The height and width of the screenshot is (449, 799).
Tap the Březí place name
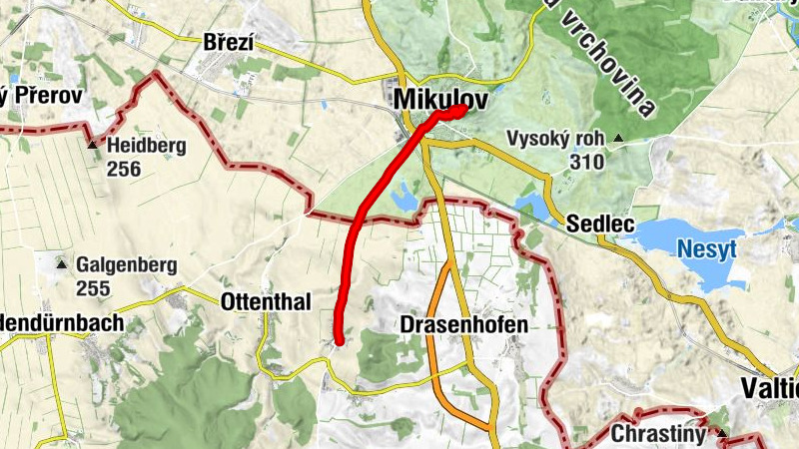pyautogui.click(x=229, y=43)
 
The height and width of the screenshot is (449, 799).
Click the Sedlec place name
pyautogui.click(x=600, y=224)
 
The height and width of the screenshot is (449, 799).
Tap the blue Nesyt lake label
pyautogui.click(x=706, y=248)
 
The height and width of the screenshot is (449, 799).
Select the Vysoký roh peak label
pyautogui.click(x=554, y=139)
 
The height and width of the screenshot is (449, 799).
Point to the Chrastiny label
pyautogui.click(x=659, y=434)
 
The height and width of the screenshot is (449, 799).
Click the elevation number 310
pyautogui.click(x=585, y=161)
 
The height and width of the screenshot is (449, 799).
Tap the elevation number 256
pyautogui.click(x=123, y=169)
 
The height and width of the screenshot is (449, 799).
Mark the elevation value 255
pyautogui.click(x=92, y=288)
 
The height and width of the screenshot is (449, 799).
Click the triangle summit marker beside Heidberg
pyautogui.click(x=93, y=146)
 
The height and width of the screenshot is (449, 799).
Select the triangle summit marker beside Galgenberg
pyautogui.click(x=62, y=265)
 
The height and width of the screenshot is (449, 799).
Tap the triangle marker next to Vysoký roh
pyautogui.click(x=619, y=139)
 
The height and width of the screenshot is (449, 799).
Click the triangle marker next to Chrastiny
pyautogui.click(x=722, y=434)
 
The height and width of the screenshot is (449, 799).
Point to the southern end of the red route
pyautogui.click(x=339, y=341)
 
